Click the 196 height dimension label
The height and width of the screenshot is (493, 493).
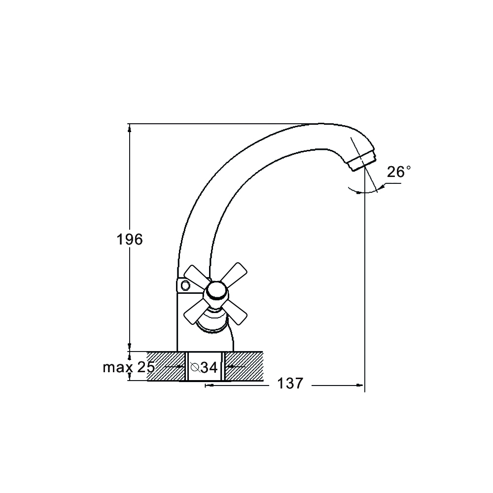pos(130,239)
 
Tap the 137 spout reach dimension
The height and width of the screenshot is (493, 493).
pos(290,383)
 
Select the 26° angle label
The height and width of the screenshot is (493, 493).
pos(399,172)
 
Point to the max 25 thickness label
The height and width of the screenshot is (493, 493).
pos(129,367)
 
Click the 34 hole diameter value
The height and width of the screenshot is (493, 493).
pos(209,367)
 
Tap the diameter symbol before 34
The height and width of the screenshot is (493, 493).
pos(195,367)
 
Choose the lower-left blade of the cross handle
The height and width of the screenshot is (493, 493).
pos(196,311)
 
